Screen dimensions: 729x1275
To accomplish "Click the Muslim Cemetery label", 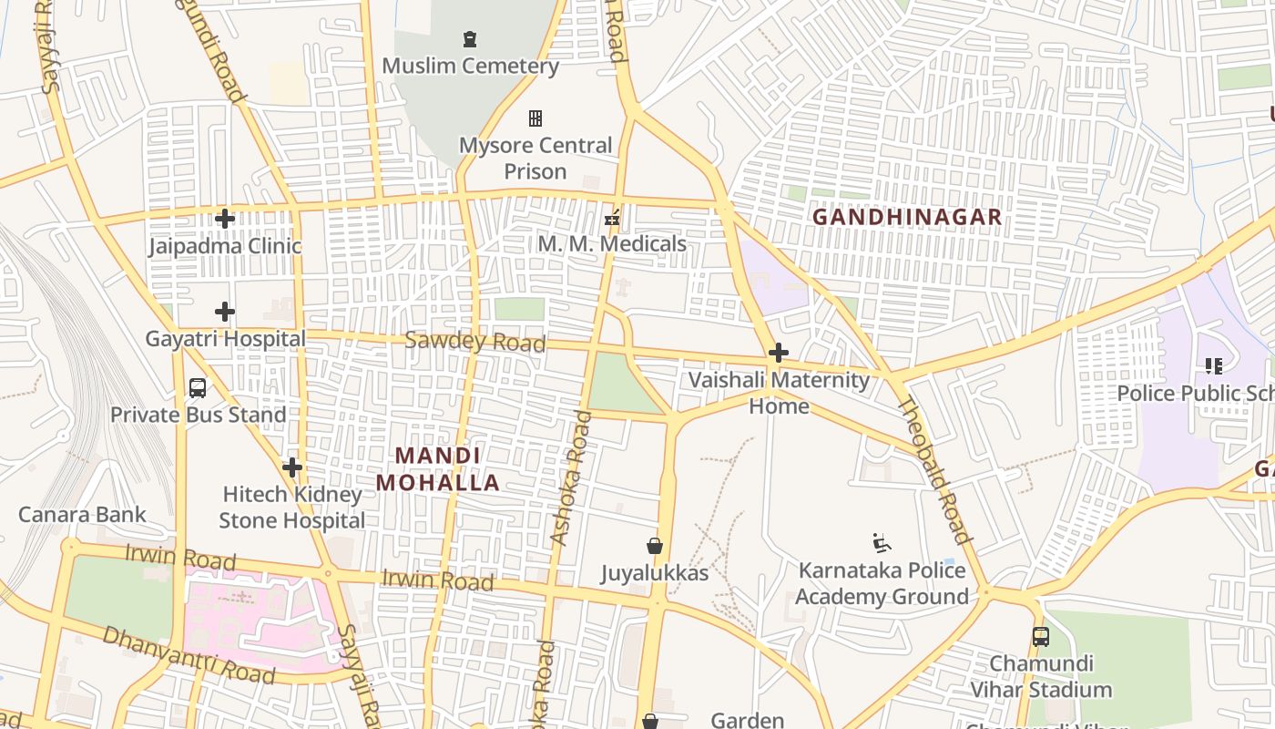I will pyautogui.click(x=470, y=66).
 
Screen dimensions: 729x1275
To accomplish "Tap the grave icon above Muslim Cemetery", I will pyautogui.click(x=470, y=39).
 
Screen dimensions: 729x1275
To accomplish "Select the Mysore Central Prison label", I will pyautogui.click(x=535, y=159).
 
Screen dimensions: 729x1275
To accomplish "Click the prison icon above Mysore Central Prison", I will pyautogui.click(x=535, y=118).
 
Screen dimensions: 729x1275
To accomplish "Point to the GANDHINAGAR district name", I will pyautogui.click(x=906, y=218).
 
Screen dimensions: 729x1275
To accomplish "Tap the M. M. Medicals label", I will pyautogui.click(x=612, y=244).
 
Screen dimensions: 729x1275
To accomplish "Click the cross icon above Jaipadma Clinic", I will pyautogui.click(x=225, y=219).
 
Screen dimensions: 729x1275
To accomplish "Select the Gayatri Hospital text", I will pyautogui.click(x=226, y=339).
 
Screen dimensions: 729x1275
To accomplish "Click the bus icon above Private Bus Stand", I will pyautogui.click(x=198, y=388).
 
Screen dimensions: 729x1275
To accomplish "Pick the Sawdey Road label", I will pyautogui.click(x=474, y=342).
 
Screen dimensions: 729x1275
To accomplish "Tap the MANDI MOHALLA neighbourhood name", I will pyautogui.click(x=438, y=469).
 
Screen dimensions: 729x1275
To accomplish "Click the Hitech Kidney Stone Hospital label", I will pyautogui.click(x=292, y=508).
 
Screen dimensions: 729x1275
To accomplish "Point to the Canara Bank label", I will pyautogui.click(x=82, y=515).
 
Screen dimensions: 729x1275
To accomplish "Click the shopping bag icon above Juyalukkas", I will pyautogui.click(x=655, y=547).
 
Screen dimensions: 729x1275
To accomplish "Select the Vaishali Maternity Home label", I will pyautogui.click(x=779, y=393).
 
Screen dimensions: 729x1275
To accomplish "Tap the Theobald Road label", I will pyautogui.click(x=935, y=470).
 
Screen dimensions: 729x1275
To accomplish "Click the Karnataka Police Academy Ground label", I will pyautogui.click(x=882, y=583).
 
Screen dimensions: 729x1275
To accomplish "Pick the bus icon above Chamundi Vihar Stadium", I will pyautogui.click(x=1040, y=637).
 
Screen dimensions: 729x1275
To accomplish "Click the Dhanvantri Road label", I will pyautogui.click(x=188, y=655).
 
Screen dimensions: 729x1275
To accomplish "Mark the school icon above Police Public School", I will pyautogui.click(x=1214, y=366).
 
